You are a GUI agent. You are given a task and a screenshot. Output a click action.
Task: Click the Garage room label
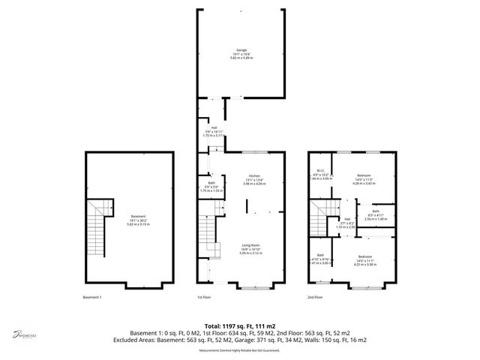coord(240,50)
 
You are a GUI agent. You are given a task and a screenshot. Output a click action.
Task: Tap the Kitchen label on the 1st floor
coord(254,175)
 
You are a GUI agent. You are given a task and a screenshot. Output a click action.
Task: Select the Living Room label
coord(250,246)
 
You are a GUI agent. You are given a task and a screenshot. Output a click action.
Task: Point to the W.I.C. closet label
coord(320,169)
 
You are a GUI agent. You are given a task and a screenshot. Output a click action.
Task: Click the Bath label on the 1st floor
coord(212,184)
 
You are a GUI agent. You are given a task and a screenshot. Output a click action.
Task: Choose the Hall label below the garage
coord(214,127)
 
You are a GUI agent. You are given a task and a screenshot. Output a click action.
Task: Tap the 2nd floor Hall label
coord(347,219)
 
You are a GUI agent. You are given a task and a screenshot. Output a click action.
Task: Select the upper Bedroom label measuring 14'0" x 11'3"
coord(364,175)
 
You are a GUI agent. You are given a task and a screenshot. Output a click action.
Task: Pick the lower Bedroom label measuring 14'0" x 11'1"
coord(364,256)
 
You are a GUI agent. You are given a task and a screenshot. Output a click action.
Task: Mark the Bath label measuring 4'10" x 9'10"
coord(320,255)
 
